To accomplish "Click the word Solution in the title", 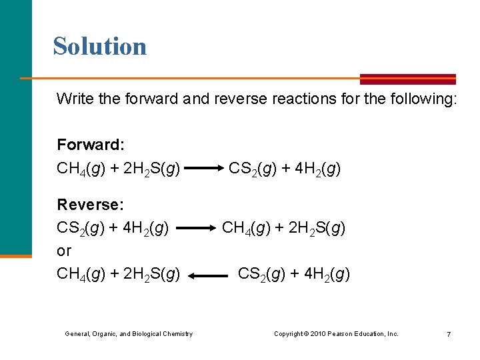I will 100,46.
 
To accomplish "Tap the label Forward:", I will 91,145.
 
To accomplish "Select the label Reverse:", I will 89,204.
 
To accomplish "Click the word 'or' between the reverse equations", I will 64,251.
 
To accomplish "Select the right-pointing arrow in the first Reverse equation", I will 197,228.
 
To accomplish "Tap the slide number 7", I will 449,333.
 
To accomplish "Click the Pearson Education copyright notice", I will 336,333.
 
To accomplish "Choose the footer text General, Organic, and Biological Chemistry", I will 129,333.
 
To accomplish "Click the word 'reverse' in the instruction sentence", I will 237,99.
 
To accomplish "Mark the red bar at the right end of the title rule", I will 408,79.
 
